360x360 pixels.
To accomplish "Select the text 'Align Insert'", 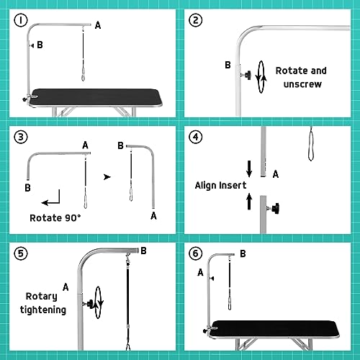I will click(217, 185).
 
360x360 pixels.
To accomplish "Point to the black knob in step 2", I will click(247, 74).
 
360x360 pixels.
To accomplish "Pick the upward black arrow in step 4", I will click(249, 201).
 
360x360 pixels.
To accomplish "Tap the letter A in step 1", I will click(98, 25).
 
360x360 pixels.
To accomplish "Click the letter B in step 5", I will click(143, 251).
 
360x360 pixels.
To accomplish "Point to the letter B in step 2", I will click(227, 66).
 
